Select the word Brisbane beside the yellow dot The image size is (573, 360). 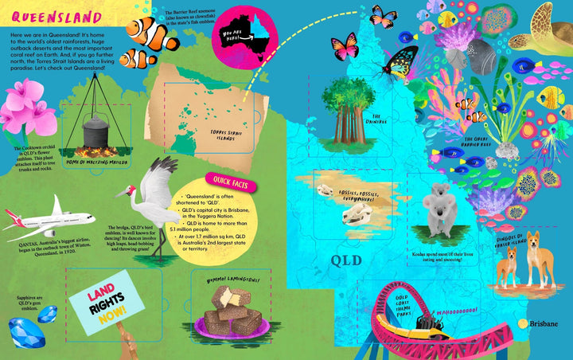[x=544, y=324]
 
